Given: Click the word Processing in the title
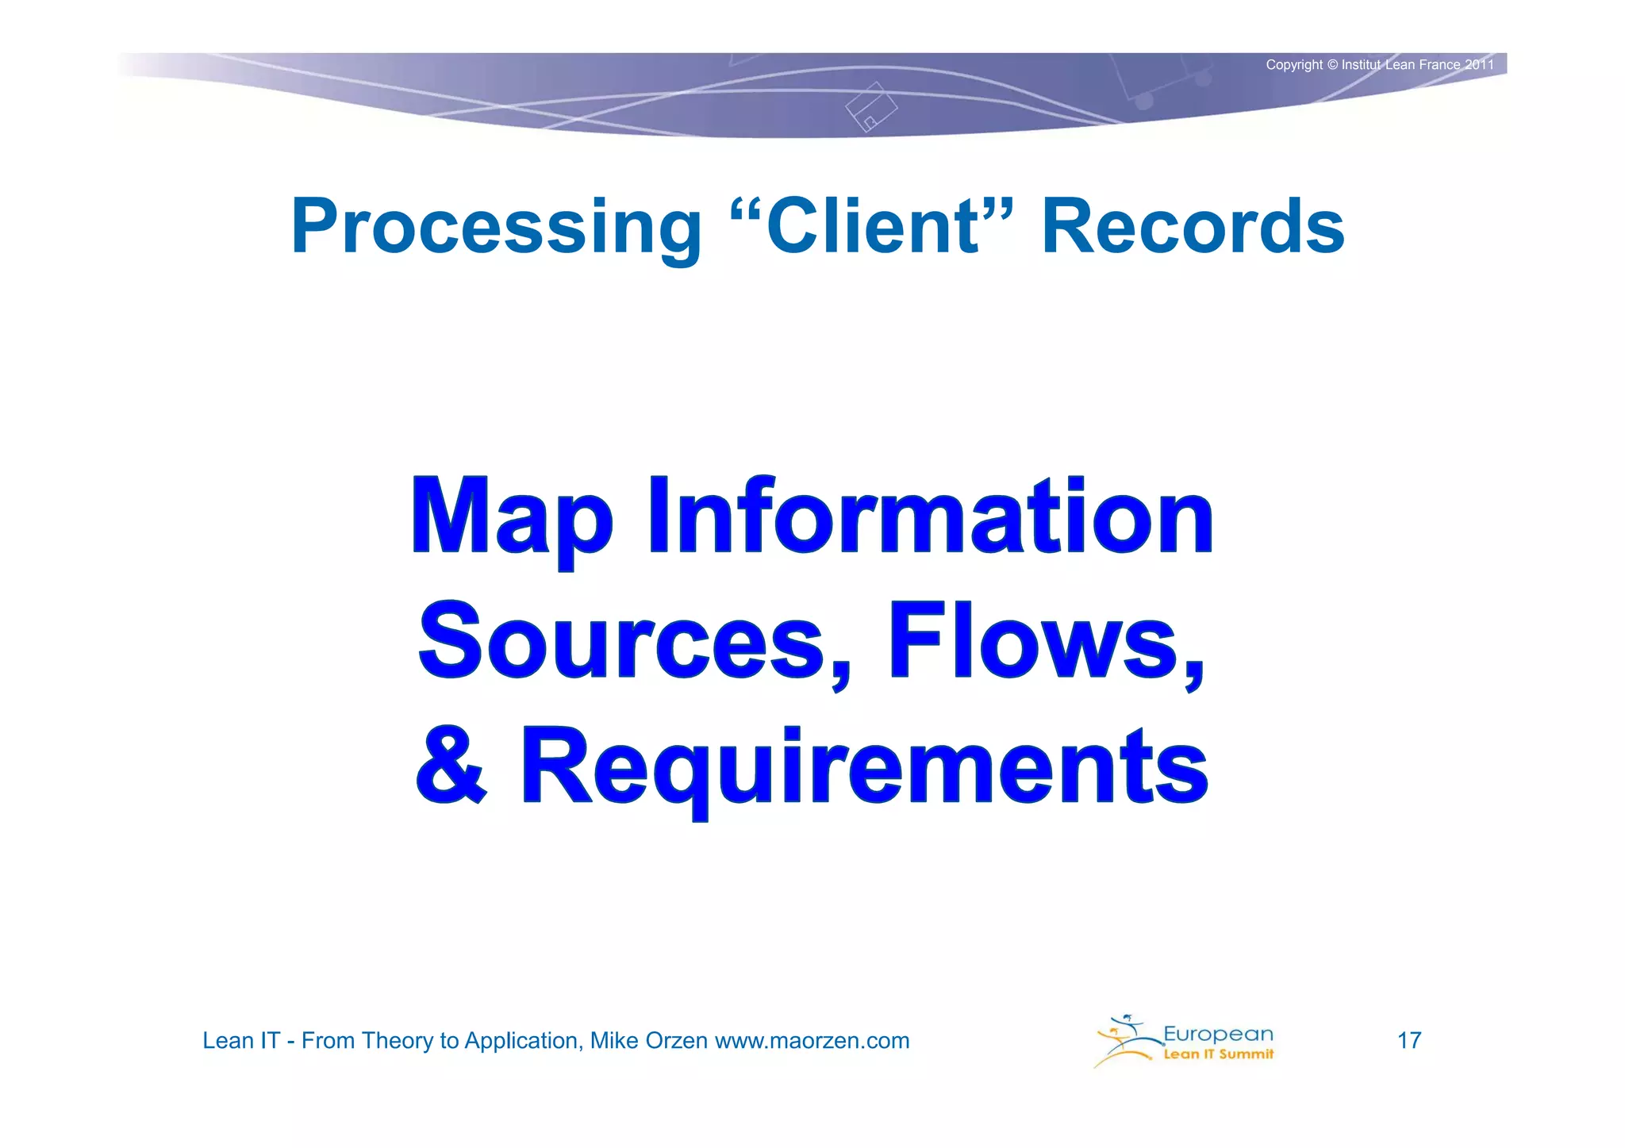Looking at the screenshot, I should click(496, 228).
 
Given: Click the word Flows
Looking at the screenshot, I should click(1046, 640).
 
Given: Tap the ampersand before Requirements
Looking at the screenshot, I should click(451, 766).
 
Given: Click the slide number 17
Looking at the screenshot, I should click(1408, 1040).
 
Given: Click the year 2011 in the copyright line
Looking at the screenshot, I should click(1479, 65).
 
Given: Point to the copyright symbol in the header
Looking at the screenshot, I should click(1332, 65).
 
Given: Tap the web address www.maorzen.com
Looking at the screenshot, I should click(812, 1040).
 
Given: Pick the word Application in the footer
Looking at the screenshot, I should click(523, 1040).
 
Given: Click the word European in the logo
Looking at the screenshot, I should click(1218, 1034).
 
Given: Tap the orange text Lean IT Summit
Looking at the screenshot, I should click(1218, 1054).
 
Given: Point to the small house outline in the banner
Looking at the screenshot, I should click(870, 107).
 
